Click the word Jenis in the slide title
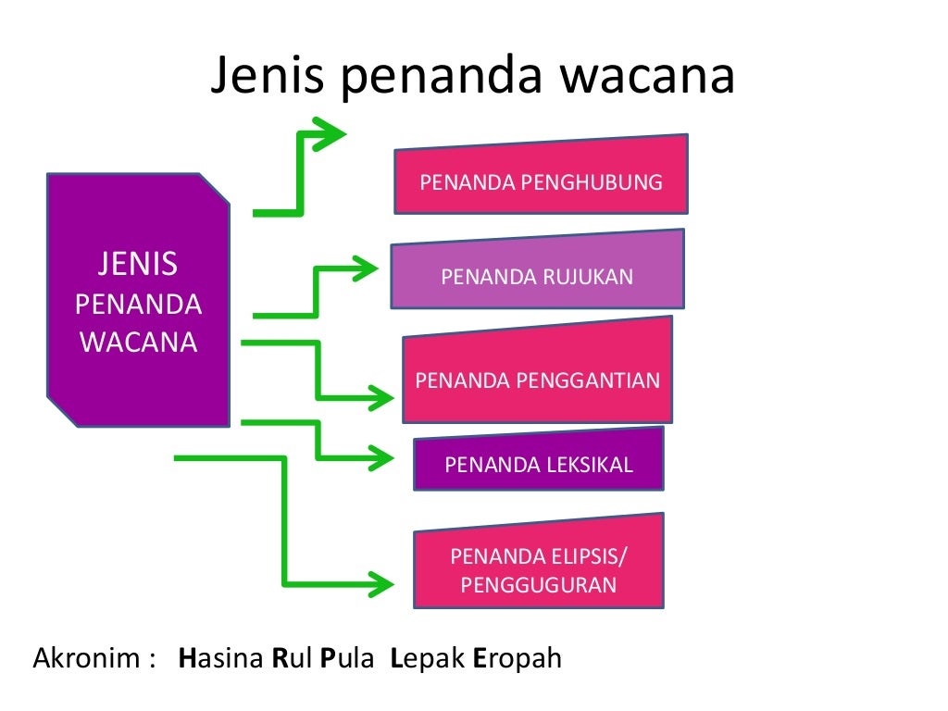(x=267, y=77)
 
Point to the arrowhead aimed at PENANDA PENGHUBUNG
(x=330, y=133)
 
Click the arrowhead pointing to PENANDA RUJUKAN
(x=364, y=269)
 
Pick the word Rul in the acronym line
(x=290, y=659)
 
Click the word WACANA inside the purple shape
(x=138, y=343)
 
